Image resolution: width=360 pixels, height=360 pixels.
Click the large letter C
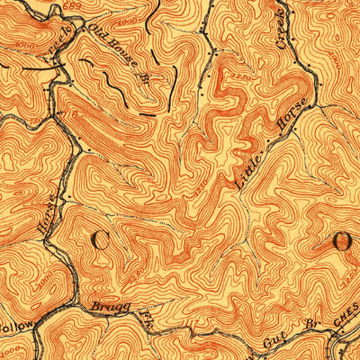(x=103, y=241)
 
